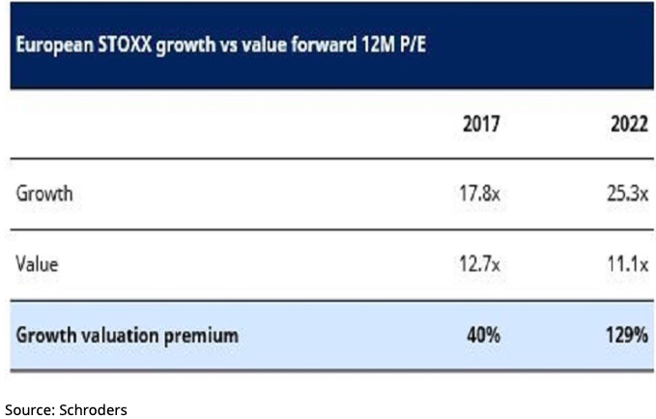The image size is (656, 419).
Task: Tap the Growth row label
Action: (45, 194)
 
